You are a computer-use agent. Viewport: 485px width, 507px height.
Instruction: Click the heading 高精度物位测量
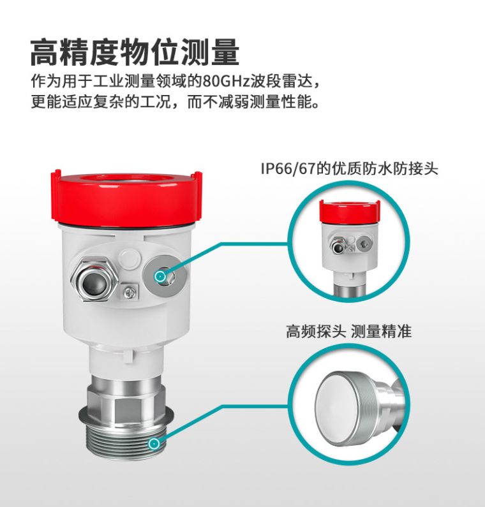tap(135, 52)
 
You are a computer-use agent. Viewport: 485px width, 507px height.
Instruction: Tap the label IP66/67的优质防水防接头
tap(350, 169)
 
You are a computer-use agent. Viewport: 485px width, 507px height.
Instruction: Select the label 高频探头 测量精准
tap(349, 332)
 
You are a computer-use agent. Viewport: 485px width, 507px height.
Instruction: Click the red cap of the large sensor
tap(127, 197)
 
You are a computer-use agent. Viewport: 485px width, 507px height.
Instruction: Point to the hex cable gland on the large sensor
tap(94, 280)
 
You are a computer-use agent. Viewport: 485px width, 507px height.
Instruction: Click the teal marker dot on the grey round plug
tap(160, 276)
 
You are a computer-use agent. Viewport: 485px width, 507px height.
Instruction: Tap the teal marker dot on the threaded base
tap(154, 444)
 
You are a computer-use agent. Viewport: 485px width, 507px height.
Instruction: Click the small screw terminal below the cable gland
tap(130, 292)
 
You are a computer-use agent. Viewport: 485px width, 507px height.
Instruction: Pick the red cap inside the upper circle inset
tap(350, 212)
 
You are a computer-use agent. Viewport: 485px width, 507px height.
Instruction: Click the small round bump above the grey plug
tap(130, 258)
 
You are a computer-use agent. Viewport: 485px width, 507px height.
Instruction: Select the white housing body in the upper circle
tap(350, 246)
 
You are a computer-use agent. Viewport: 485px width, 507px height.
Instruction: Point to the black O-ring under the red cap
tap(127, 226)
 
